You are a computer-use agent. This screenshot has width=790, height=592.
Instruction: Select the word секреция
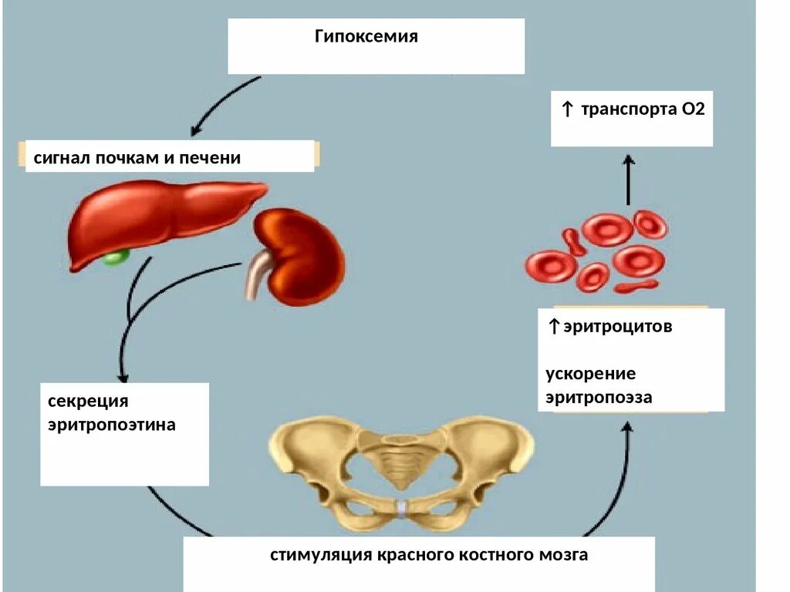pyautogui.click(x=87, y=402)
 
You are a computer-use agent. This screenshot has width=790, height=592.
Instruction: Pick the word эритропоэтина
pyautogui.click(x=112, y=425)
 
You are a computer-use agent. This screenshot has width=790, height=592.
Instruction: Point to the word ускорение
pyautogui.click(x=591, y=374)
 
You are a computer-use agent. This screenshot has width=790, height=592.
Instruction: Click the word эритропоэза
pyautogui.click(x=599, y=398)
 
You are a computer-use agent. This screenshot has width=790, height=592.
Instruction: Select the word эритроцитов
pyautogui.click(x=617, y=327)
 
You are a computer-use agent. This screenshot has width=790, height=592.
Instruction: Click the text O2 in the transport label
pyautogui.click(x=694, y=109)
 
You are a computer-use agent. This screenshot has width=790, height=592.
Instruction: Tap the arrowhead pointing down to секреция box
pyautogui.click(x=123, y=375)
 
